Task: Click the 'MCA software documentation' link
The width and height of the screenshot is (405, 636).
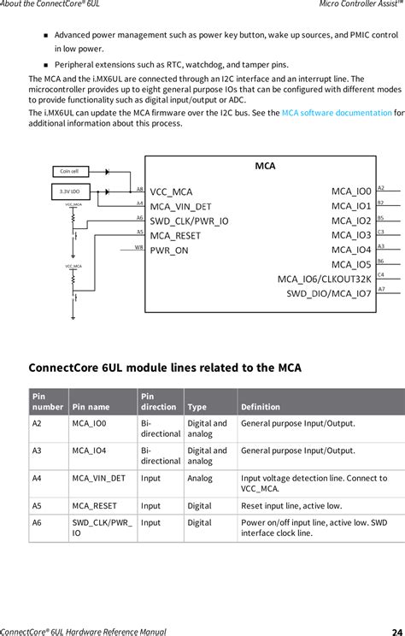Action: pyautogui.click(x=337, y=113)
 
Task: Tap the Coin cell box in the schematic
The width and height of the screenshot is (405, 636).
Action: pyautogui.click(x=69, y=172)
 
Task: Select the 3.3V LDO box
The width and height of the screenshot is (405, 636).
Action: pyautogui.click(x=69, y=191)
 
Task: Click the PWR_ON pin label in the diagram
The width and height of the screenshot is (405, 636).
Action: pyautogui.click(x=169, y=250)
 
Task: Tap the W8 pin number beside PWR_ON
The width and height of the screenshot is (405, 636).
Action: pyautogui.click(x=138, y=247)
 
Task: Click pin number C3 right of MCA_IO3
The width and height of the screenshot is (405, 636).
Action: pyautogui.click(x=381, y=232)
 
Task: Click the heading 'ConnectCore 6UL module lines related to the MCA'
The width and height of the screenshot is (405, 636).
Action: pyautogui.click(x=165, y=368)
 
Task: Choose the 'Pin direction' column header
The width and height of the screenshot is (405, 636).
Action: pyautogui.click(x=158, y=401)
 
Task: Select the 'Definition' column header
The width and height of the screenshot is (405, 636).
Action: pyautogui.click(x=261, y=407)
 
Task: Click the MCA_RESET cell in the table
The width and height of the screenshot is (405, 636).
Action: pyautogui.click(x=93, y=505)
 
